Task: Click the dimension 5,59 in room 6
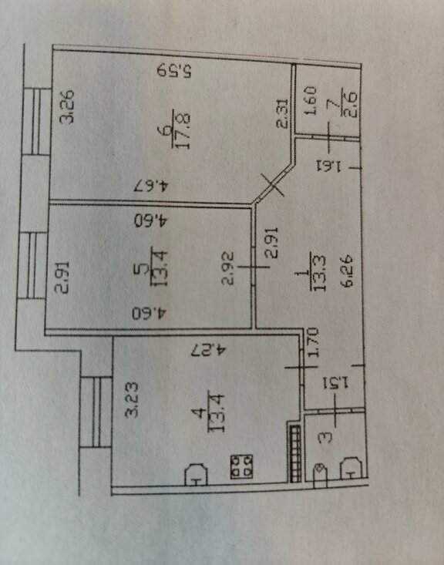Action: coord(174,70)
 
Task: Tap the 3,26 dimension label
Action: coord(67,106)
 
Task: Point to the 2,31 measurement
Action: coord(283,114)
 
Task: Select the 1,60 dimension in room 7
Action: coord(311,100)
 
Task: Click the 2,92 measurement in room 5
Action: coord(227,268)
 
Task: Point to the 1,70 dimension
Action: coord(313,342)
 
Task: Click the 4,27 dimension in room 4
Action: coord(209,349)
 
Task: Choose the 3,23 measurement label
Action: coord(132,399)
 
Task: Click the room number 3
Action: coord(327,438)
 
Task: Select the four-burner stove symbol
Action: coord(241,466)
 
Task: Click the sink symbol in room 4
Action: coord(196,475)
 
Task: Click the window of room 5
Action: coord(32,266)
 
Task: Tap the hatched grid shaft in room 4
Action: coord(295,454)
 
